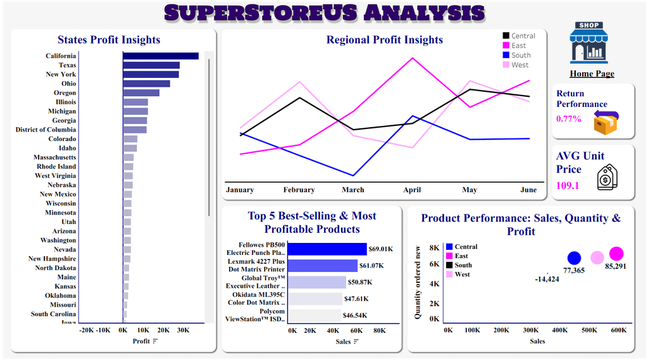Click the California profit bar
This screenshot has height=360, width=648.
point(161,56)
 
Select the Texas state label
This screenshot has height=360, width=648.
point(67,65)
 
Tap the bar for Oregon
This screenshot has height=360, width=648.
point(141,93)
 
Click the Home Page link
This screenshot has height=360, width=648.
point(592,73)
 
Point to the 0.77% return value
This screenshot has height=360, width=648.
point(569,118)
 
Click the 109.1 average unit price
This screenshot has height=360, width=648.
point(568,186)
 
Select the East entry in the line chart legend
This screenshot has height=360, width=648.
point(518,46)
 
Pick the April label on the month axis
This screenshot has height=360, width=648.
point(412,190)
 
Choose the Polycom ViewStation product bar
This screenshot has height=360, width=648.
point(315,315)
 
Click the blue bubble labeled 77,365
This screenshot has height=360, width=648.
point(574,258)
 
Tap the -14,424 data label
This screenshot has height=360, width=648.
point(547,279)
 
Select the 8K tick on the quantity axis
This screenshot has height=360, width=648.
point(435,248)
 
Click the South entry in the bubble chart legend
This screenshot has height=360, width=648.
point(463,265)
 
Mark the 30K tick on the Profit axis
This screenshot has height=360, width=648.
point(183,330)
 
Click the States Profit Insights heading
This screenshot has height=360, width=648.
point(109,40)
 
